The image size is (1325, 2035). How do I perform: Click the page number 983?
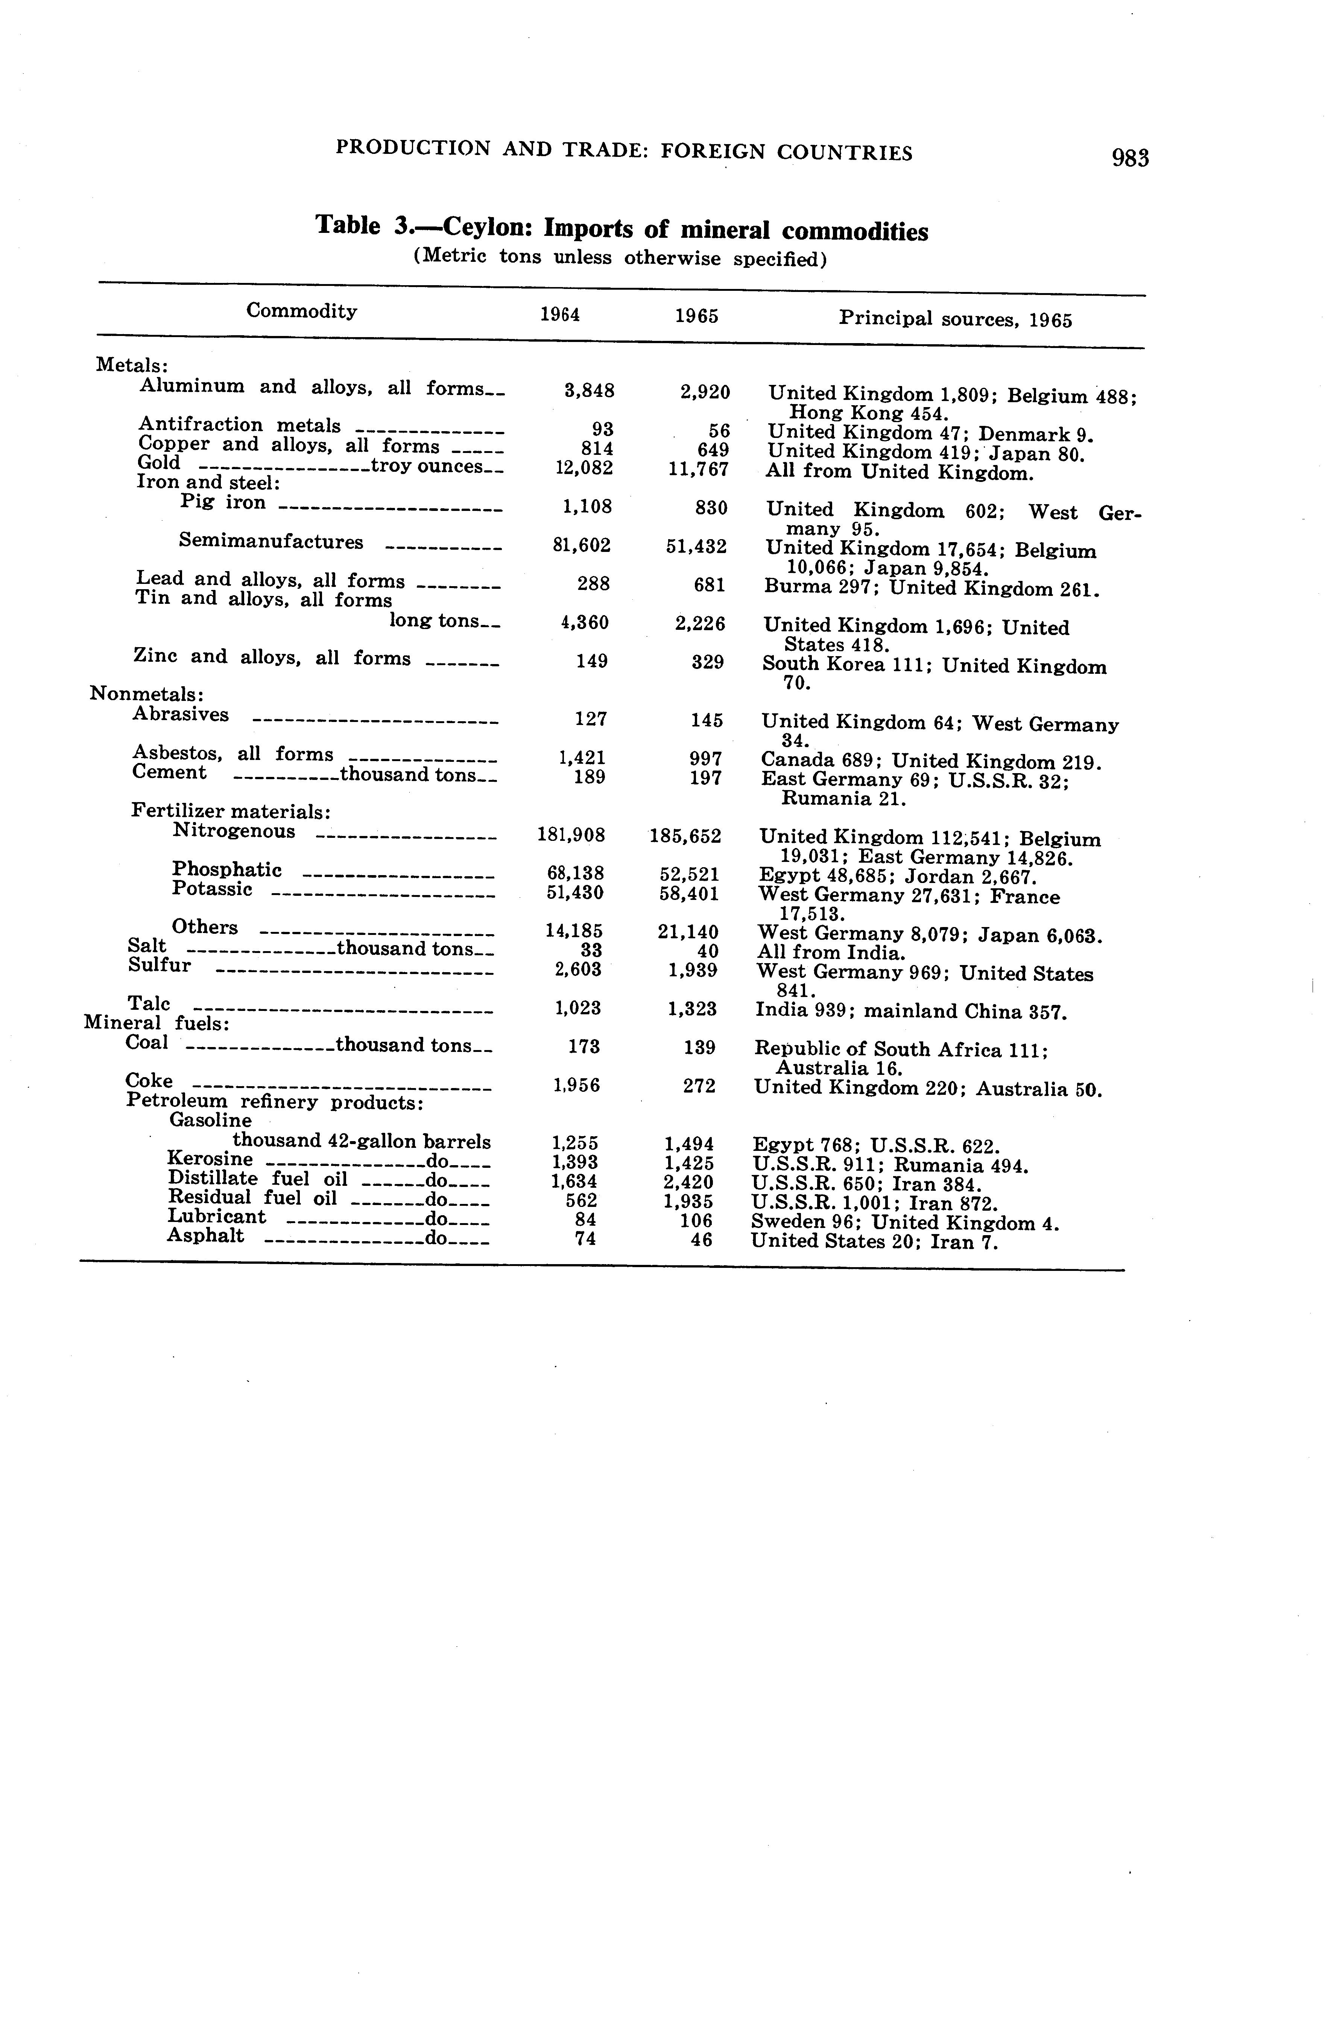point(1130,158)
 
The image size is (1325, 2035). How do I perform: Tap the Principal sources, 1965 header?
point(955,320)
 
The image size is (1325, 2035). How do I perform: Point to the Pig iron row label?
point(223,503)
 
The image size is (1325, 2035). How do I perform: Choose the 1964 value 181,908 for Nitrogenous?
point(571,834)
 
